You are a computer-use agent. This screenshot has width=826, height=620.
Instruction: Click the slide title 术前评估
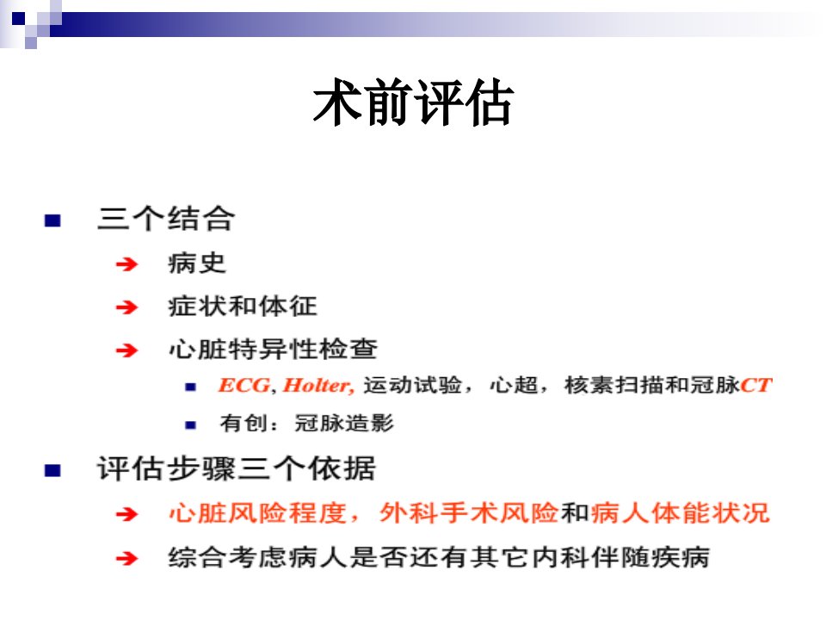point(413,102)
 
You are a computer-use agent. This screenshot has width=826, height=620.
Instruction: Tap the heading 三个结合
point(166,218)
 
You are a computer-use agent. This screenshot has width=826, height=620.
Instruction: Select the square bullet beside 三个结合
point(52,220)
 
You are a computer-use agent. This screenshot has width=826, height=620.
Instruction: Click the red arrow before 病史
point(127,263)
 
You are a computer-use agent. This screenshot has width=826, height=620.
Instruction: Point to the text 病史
point(197,263)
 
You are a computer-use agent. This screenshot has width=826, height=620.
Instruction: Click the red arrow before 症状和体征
point(127,307)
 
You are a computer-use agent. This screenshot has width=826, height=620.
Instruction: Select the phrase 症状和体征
point(243,307)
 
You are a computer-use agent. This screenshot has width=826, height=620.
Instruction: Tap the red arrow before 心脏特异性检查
point(127,350)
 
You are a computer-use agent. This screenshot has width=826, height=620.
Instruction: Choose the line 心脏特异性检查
point(273,349)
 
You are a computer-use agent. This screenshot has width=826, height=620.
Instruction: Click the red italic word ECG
point(244,386)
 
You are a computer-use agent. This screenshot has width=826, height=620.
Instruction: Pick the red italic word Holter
point(318,386)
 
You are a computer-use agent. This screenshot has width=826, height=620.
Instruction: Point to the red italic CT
point(756,386)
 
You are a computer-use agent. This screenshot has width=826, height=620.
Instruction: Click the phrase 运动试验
point(412,385)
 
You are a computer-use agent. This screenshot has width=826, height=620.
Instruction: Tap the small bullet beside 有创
point(191,425)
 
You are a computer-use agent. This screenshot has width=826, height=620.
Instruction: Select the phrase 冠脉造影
point(344,423)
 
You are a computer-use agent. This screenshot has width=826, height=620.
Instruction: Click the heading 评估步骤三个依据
point(237,468)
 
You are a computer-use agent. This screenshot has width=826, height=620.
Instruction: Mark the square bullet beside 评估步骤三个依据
point(52,470)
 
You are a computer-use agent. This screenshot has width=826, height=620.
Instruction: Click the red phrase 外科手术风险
point(468,512)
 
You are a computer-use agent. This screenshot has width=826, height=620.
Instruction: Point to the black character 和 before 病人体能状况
point(574,512)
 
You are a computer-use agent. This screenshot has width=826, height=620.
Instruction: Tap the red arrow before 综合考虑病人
point(127,558)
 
